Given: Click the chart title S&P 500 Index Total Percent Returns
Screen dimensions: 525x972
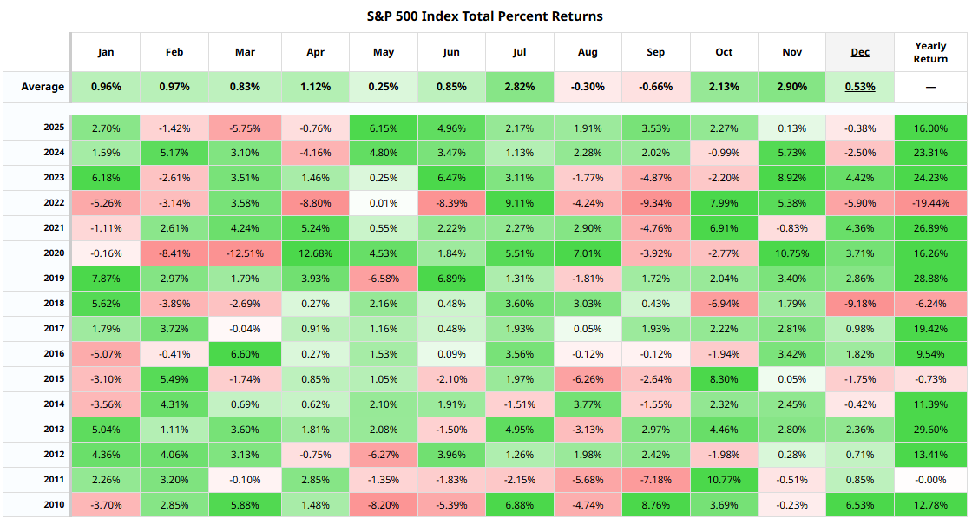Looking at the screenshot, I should [485, 16].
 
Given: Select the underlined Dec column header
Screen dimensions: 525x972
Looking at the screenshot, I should [860, 52].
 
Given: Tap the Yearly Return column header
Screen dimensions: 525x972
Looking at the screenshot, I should [930, 52].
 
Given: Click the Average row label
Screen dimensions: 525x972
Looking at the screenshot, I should [43, 87].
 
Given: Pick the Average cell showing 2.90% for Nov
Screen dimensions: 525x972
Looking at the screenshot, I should [791, 87].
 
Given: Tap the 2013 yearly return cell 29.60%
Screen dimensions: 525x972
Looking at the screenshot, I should [930, 430].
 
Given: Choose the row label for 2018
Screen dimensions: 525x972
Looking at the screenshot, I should [55, 304].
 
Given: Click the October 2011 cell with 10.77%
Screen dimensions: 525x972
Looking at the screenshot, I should [724, 480].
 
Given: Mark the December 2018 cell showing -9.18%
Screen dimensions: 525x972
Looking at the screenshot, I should [860, 304].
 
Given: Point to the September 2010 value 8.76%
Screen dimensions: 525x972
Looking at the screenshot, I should [655, 505].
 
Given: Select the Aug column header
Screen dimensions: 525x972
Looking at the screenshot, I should [588, 52].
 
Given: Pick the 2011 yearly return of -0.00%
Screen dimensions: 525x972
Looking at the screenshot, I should [930, 480].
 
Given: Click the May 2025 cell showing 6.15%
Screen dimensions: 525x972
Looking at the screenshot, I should [383, 128].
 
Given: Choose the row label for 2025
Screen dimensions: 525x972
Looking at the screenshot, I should [55, 128].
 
